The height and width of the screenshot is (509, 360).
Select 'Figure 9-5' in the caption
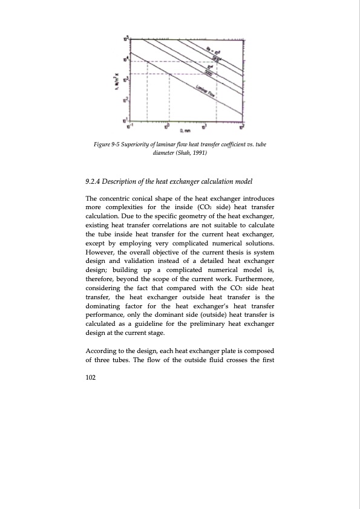[109, 144]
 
